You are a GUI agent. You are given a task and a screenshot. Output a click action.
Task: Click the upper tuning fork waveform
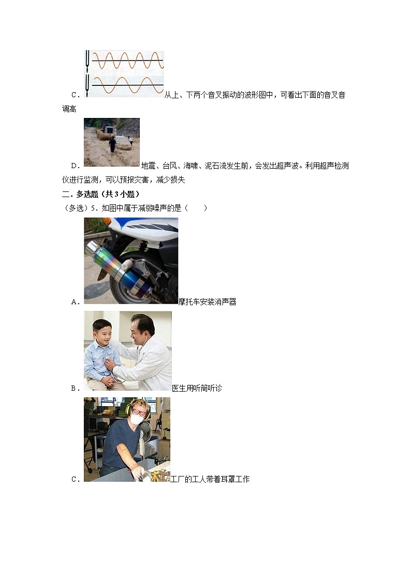click(x=127, y=61)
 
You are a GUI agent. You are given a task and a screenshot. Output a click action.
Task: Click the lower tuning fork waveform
click(x=127, y=85)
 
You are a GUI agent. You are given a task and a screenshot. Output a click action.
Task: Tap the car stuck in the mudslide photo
click(x=123, y=143)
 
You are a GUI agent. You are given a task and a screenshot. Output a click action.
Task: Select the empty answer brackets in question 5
click(x=197, y=208)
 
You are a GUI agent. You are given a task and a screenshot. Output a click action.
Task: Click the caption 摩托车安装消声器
click(x=207, y=302)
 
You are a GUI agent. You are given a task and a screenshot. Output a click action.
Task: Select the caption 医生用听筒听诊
click(x=197, y=388)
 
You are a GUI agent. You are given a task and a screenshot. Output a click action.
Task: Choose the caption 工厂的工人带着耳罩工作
click(x=210, y=480)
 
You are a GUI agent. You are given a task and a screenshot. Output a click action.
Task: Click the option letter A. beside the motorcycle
click(x=75, y=302)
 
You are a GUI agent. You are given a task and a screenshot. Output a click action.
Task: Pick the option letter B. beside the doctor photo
click(x=75, y=388)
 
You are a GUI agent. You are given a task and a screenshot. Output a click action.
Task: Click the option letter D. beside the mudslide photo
click(x=75, y=166)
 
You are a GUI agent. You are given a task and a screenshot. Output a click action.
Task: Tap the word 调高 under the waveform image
click(x=69, y=109)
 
